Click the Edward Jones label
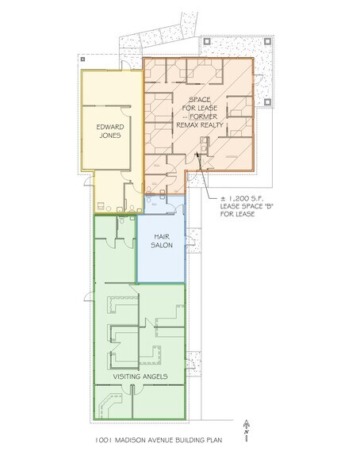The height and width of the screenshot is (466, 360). pos(110,131)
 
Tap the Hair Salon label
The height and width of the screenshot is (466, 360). pos(162,241)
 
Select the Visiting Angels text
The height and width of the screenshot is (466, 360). pos(140,376)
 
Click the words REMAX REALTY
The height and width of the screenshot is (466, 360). pos(200,125)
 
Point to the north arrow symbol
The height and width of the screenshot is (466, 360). pos(247,430)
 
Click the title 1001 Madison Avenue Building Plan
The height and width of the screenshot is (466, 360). pos(159,440)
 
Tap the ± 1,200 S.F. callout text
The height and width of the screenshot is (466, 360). pos(246,198)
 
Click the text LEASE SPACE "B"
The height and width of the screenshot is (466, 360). pos(247,206)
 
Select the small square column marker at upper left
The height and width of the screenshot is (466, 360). pos(82,59)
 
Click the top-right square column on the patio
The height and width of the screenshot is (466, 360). pos(267,41)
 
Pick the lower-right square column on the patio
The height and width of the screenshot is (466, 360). pos(267,102)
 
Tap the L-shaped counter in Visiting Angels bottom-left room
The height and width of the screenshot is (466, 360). pos(109,403)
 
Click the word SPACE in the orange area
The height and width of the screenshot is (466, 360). pos(200,99)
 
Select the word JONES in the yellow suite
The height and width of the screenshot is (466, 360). pos(110,136)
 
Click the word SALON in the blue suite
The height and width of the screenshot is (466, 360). pos(162,245)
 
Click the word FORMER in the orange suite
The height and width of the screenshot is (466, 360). pos(204,116)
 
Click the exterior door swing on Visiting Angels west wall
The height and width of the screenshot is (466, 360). pos(88,296)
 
